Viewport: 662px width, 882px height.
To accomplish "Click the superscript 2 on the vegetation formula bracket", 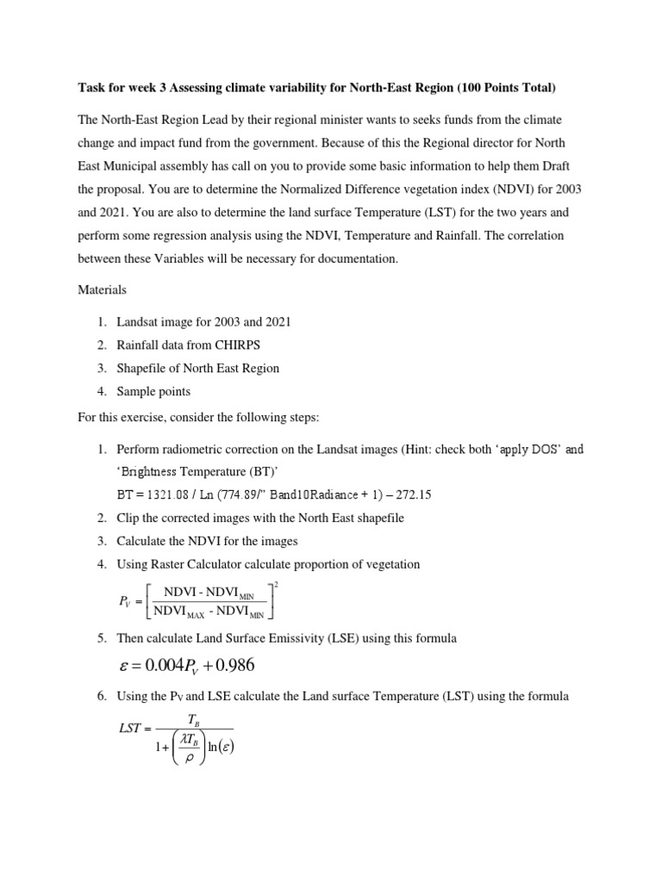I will [275, 585].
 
